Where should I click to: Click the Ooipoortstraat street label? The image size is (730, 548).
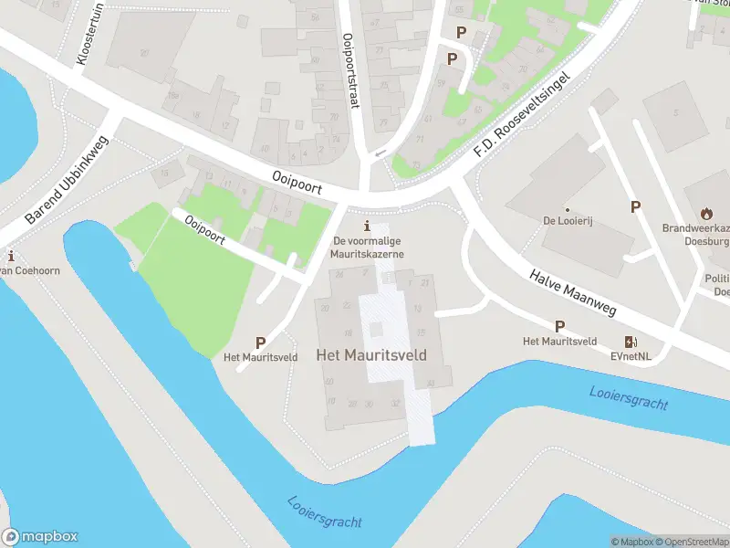[350, 71]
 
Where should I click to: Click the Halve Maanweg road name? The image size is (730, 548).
[573, 293]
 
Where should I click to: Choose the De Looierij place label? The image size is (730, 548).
[567, 222]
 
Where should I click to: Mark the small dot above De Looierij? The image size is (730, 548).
[567, 209]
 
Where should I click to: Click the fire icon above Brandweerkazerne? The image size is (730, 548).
[706, 213]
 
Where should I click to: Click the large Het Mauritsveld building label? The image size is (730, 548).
[371, 354]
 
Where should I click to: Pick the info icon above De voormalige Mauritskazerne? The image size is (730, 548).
[367, 226]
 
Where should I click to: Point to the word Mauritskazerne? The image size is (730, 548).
[367, 253]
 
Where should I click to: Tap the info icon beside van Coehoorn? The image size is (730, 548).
[10, 256]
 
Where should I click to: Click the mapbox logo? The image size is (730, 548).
[40, 537]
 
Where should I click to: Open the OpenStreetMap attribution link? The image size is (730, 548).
[691, 542]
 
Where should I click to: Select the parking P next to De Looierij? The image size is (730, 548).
[635, 207]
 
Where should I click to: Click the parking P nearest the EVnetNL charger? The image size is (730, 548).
[559, 326]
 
